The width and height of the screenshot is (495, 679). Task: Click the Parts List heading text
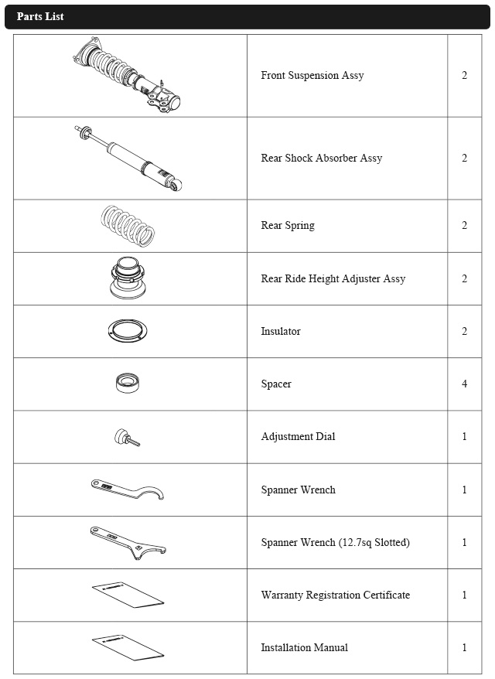click(40, 16)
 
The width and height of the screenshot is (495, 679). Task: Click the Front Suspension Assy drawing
click(128, 76)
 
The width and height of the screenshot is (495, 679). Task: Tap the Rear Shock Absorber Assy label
click(321, 159)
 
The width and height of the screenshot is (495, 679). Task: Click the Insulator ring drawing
click(128, 331)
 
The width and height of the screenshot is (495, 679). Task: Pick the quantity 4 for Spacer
click(464, 384)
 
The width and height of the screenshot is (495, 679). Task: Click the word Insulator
click(280, 332)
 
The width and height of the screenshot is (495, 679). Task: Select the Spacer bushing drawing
click(128, 384)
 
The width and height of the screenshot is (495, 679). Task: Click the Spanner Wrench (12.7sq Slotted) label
click(335, 543)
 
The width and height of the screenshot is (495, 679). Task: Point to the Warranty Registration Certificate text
click(335, 595)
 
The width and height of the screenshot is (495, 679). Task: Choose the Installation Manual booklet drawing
click(128, 648)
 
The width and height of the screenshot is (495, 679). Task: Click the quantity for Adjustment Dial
click(464, 437)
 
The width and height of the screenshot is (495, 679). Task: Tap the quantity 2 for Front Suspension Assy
click(464, 76)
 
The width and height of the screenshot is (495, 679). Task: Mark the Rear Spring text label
click(287, 226)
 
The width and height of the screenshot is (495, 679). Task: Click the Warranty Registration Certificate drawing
click(128, 595)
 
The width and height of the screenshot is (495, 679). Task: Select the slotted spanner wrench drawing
click(128, 542)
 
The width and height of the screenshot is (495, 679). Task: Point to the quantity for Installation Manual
click(464, 648)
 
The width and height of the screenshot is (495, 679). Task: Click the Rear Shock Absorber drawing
click(130, 158)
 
